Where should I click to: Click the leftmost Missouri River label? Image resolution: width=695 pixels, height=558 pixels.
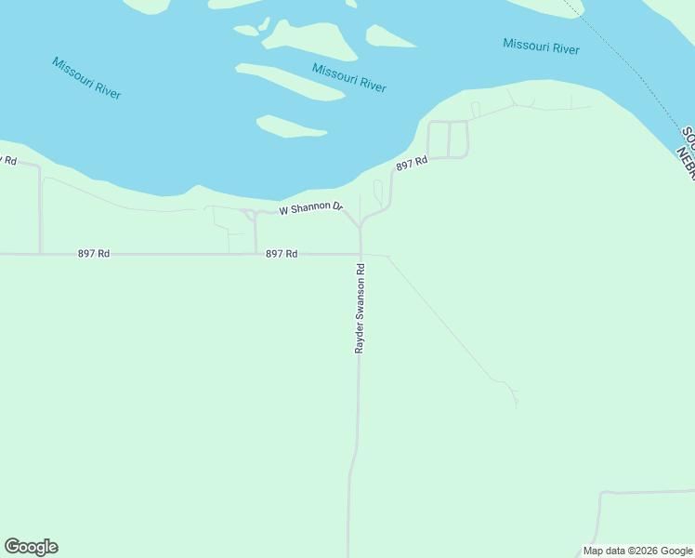[86, 78]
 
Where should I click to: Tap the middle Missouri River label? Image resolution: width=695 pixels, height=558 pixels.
[348, 78]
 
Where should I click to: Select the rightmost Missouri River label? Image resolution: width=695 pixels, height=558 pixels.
[541, 46]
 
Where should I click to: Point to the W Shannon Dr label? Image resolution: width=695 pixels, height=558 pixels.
[310, 208]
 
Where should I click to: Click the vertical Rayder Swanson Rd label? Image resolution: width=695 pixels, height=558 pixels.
[360, 308]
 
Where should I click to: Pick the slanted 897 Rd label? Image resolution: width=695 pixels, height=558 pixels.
[412, 164]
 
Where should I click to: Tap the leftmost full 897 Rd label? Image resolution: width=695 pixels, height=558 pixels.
[95, 253]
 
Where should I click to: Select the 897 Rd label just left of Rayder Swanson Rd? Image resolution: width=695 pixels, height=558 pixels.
[282, 253]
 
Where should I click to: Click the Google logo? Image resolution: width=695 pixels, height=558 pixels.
[31, 547]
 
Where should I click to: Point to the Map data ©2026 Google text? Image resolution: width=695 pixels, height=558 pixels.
[637, 551]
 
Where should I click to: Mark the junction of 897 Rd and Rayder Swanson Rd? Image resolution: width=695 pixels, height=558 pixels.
[360, 253]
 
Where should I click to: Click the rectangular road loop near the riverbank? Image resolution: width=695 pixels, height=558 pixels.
[448, 139]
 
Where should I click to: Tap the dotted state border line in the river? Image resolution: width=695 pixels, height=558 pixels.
[632, 65]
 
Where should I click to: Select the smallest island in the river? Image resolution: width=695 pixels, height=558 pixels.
[246, 30]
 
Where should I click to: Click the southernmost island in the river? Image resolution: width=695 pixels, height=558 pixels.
[290, 126]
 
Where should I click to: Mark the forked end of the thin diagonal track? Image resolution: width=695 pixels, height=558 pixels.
[514, 395]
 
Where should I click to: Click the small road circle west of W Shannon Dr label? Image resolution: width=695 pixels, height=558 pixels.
[250, 215]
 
